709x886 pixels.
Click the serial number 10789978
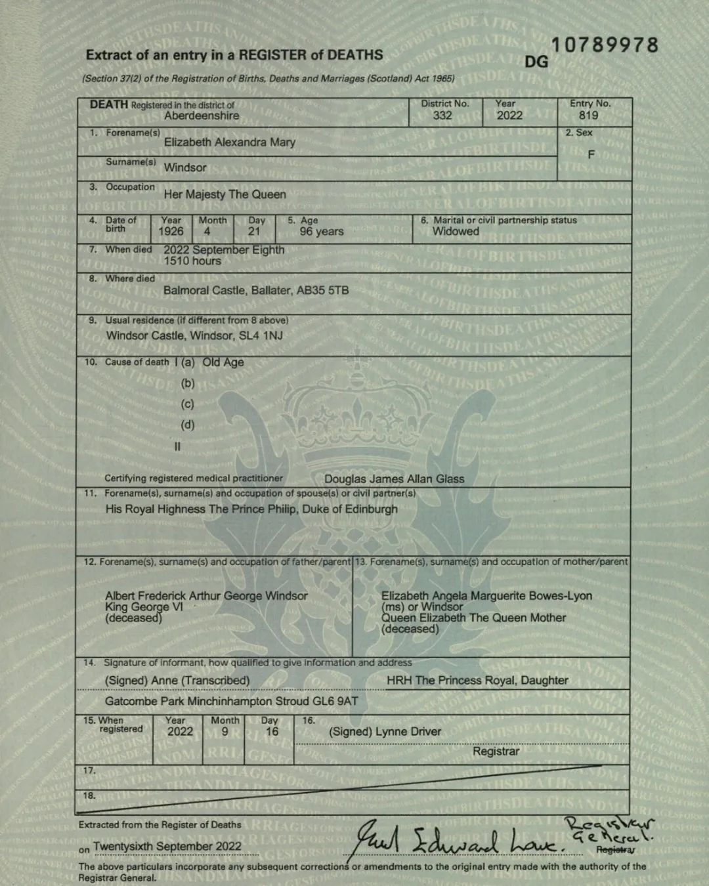pyautogui.click(x=604, y=45)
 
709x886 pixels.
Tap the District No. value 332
pyautogui.click(x=442, y=116)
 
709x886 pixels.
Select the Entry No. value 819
pyautogui.click(x=588, y=116)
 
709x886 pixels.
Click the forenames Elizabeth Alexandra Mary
pyautogui.click(x=230, y=142)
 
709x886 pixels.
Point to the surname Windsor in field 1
pyautogui.click(x=185, y=168)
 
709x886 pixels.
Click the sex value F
pyautogui.click(x=591, y=155)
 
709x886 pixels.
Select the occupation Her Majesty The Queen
pyautogui.click(x=225, y=195)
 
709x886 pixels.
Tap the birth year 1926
pyautogui.click(x=171, y=232)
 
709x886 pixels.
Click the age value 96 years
pyautogui.click(x=322, y=232)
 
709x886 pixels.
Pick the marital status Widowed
pyautogui.click(x=456, y=232)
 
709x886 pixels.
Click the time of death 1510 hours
pyautogui.click(x=192, y=261)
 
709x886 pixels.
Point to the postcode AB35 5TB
pyautogui.click(x=322, y=291)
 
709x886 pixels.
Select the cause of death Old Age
pyautogui.click(x=223, y=362)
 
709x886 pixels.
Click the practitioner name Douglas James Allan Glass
pyautogui.click(x=394, y=479)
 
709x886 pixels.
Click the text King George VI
pyautogui.click(x=144, y=607)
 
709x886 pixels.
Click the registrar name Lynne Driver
pyautogui.click(x=408, y=732)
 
